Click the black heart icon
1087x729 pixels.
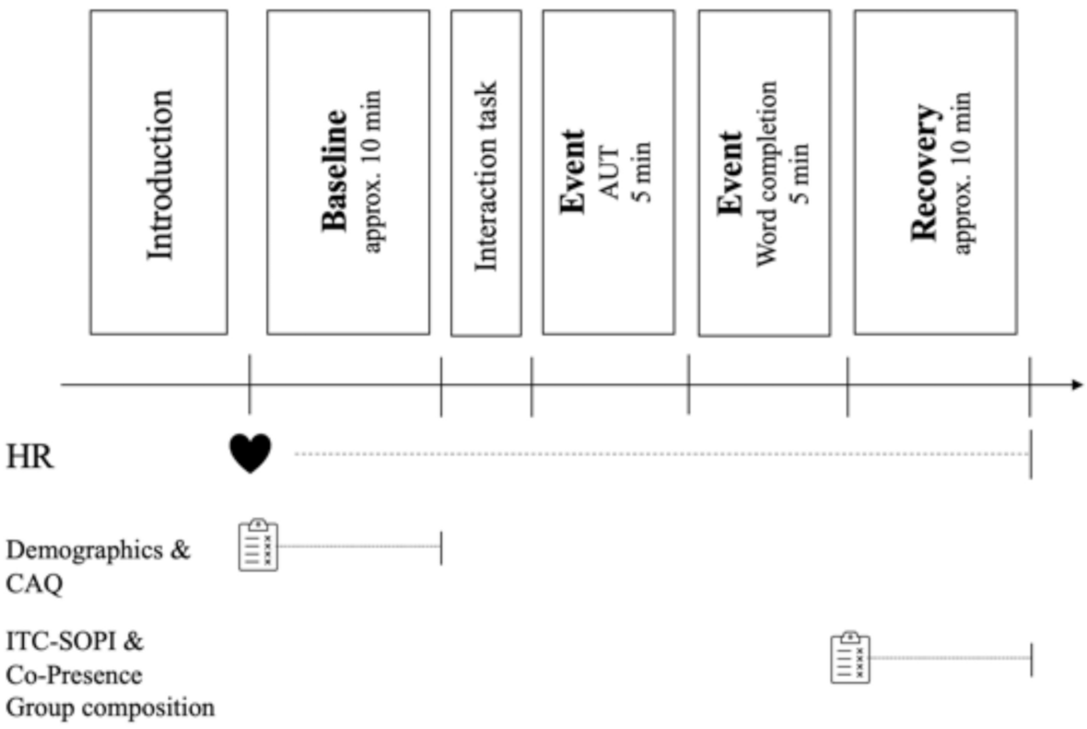tap(251, 454)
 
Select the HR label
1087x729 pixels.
tap(30, 456)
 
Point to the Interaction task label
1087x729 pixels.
tap(486, 175)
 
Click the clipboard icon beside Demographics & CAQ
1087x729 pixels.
tap(258, 546)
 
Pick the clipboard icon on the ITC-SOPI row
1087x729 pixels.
tap(850, 658)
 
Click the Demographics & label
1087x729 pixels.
tap(99, 551)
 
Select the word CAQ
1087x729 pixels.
tap(34, 584)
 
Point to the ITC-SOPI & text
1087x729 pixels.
tap(75, 641)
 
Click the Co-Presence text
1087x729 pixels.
tap(74, 675)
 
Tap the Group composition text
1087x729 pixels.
tap(111, 708)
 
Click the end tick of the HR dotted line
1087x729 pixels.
tap(1031, 454)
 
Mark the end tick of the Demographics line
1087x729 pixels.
tap(441, 547)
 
